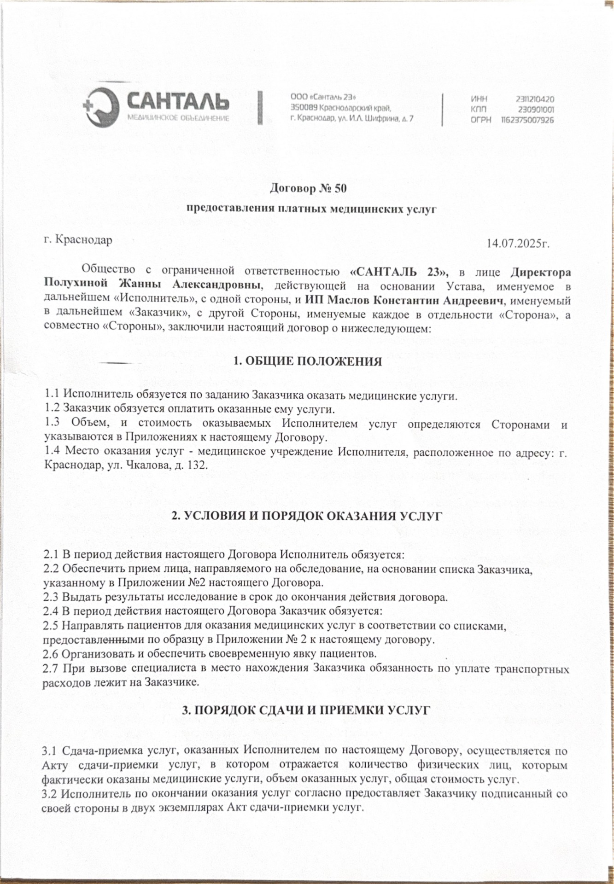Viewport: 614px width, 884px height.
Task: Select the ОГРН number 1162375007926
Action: click(528, 120)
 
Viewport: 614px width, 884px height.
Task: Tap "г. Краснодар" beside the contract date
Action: click(78, 240)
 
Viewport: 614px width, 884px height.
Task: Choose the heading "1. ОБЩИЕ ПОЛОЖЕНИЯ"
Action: click(307, 361)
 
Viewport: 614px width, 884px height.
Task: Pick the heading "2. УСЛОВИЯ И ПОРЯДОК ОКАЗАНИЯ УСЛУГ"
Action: click(307, 516)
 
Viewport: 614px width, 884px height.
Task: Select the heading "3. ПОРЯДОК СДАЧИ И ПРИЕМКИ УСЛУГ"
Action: click(306, 710)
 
